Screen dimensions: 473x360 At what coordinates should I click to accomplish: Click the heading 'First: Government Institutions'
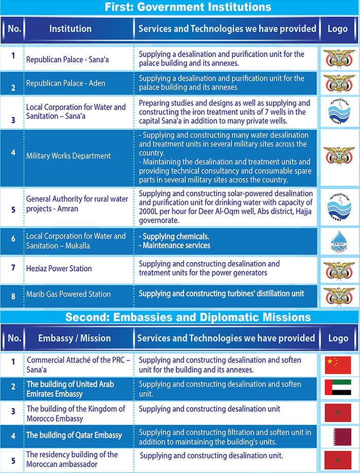180,7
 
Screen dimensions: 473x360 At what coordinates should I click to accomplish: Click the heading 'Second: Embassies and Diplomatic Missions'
180,317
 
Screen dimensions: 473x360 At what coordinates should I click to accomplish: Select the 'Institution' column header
70,29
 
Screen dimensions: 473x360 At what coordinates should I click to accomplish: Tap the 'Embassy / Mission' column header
75,338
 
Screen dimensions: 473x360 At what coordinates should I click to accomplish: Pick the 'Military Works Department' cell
68,156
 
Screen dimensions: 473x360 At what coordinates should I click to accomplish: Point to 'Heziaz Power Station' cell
59,268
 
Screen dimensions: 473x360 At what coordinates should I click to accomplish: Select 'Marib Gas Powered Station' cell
68,294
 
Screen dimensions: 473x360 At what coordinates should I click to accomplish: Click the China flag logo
338,365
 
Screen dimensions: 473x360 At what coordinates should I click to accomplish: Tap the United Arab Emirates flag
338,389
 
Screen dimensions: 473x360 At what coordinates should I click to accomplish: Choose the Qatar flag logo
338,436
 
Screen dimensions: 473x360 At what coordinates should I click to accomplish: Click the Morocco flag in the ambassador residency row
338,460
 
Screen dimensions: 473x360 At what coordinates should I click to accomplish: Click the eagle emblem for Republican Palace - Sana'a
338,59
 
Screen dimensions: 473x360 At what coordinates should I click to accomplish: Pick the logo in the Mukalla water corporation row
338,241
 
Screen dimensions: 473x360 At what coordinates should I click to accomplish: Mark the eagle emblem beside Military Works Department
338,156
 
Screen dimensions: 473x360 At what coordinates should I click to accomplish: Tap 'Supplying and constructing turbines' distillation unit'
221,294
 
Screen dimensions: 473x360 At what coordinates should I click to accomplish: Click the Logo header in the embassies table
338,338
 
